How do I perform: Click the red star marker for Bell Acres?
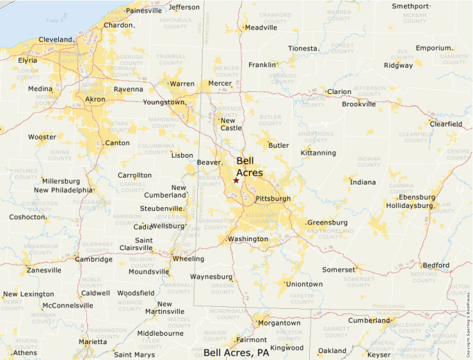click(x=236, y=180)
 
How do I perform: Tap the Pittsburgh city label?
click(x=273, y=199)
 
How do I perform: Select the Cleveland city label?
click(x=55, y=39)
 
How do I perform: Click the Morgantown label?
click(x=280, y=323)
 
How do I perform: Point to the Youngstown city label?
click(x=164, y=102)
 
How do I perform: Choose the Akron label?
click(x=95, y=100)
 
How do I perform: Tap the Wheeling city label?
click(x=188, y=259)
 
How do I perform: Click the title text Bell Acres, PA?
click(x=236, y=352)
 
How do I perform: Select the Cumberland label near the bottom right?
click(x=369, y=321)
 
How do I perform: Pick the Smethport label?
click(x=411, y=6)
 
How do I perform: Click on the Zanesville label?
click(x=44, y=270)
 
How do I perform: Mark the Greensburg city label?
click(x=327, y=222)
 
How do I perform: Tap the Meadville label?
click(x=261, y=28)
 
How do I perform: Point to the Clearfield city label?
click(x=445, y=124)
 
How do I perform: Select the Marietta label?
click(x=93, y=341)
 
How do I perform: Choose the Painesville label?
click(x=143, y=10)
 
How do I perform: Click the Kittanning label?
click(x=318, y=153)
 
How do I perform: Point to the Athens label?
click(x=25, y=352)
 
